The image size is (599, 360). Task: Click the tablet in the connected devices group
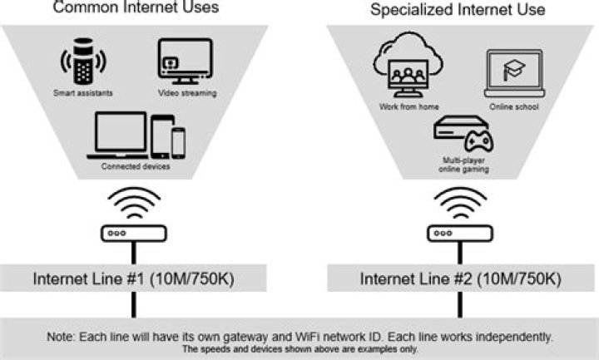click(161, 136)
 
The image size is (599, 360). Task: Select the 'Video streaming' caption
click(187, 94)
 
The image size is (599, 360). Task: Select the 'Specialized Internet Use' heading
click(457, 11)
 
